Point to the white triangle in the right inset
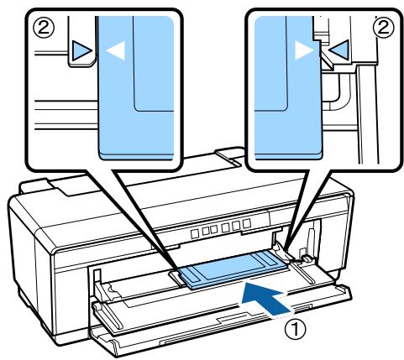point(302,51)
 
